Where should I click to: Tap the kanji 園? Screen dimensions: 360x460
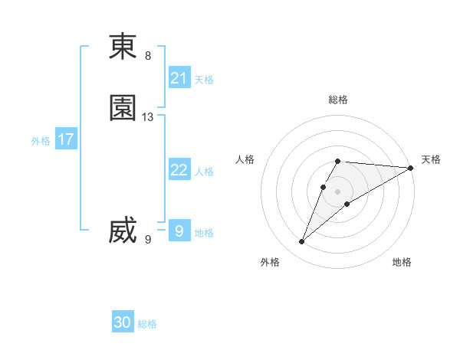point(123,108)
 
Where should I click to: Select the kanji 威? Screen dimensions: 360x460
point(123,231)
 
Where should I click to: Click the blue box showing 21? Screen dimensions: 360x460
point(179,77)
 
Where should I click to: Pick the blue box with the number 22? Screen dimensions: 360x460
point(179,170)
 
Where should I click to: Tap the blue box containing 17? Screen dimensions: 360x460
point(65,140)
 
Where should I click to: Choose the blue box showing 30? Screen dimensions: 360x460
point(123,322)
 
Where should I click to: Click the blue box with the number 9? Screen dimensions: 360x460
point(179,231)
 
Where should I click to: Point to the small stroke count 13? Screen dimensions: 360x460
point(148,117)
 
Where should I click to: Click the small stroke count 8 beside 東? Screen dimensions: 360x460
point(148,56)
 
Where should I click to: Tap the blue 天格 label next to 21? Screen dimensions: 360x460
point(204,79)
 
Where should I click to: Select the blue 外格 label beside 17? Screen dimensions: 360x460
point(41,141)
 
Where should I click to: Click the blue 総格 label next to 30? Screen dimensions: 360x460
point(147,324)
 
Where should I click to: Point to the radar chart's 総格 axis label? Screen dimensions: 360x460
point(338,100)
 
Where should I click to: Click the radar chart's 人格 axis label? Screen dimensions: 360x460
point(245,159)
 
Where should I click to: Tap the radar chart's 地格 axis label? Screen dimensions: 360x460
point(402,262)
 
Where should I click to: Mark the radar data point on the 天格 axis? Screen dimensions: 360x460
point(411,169)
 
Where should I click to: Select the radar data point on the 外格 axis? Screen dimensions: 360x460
point(301,242)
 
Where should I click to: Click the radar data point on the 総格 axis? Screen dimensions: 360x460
point(338,161)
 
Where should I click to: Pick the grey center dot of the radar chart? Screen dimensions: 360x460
point(338,191)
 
